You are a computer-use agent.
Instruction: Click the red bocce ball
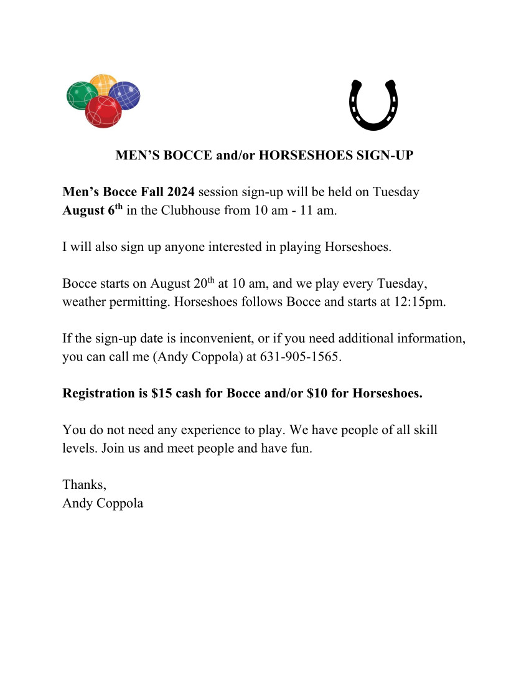103,112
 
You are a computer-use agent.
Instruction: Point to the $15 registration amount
161,394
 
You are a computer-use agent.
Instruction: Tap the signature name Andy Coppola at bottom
103,503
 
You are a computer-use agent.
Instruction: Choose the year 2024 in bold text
180,192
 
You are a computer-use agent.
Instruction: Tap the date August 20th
182,283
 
